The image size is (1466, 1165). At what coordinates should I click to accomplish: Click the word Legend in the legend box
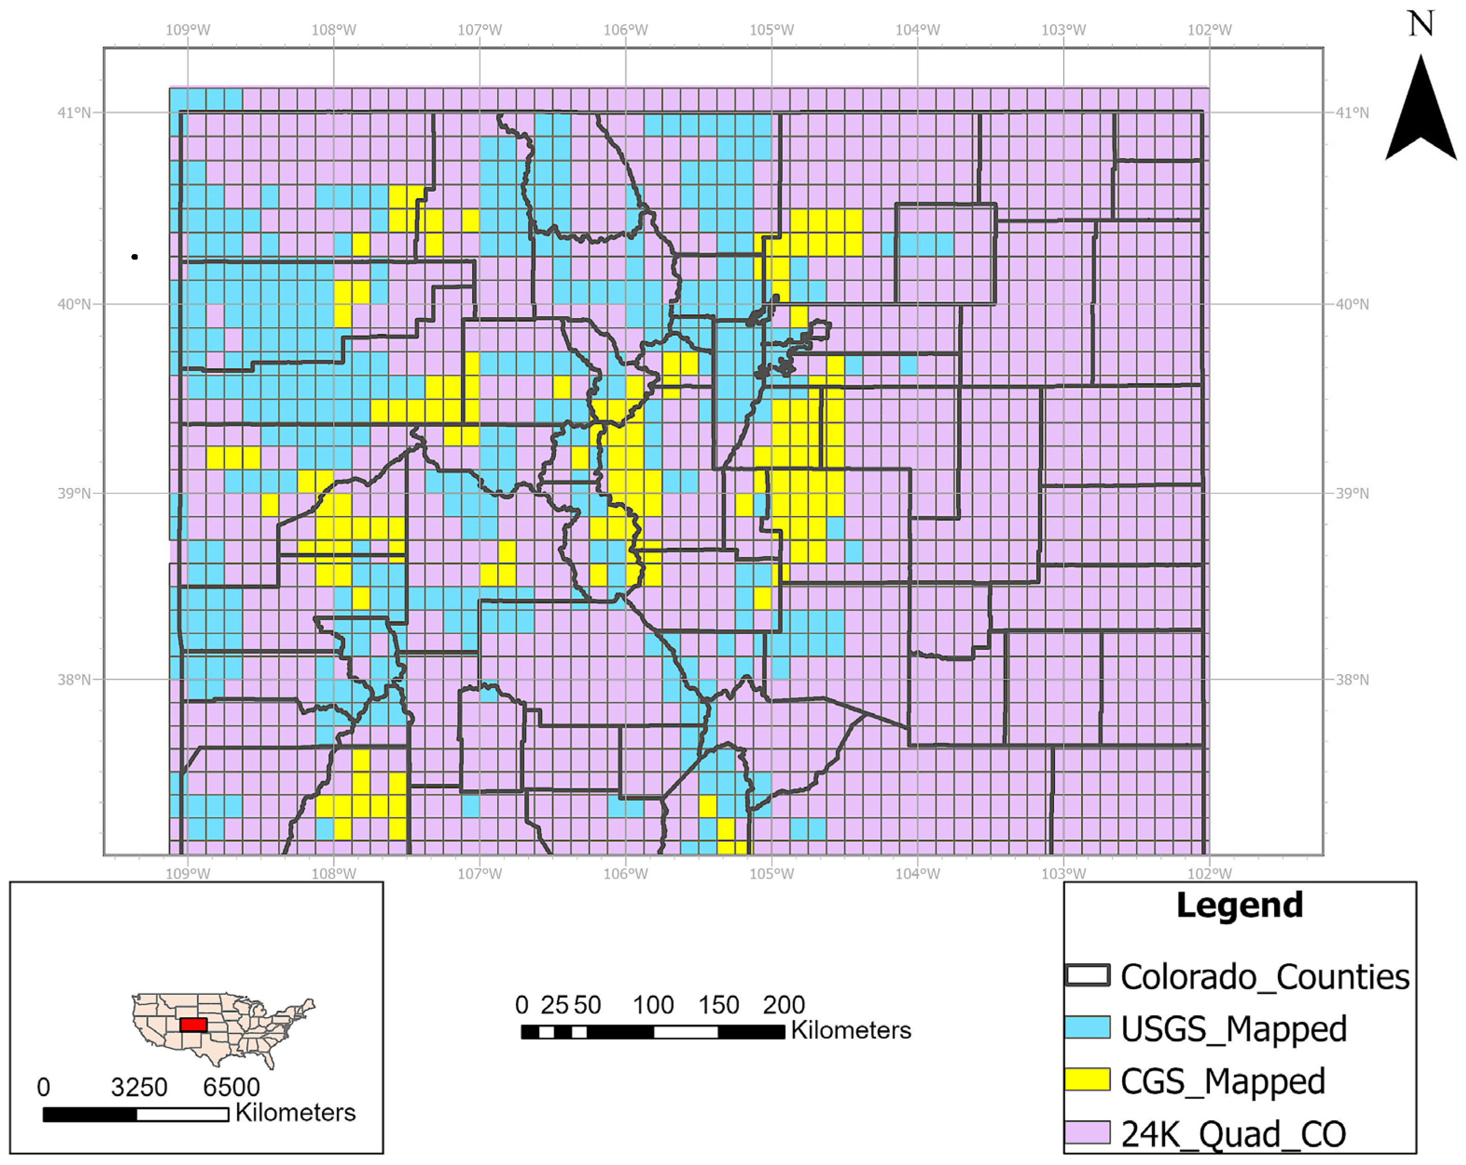tap(1239, 905)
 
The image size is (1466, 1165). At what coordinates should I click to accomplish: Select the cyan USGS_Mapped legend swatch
tap(1087, 1027)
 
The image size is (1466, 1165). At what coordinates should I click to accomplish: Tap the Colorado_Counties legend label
tap(1264, 977)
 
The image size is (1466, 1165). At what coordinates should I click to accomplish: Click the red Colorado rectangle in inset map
tap(193, 1024)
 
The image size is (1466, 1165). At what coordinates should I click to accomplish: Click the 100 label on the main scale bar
tap(653, 1005)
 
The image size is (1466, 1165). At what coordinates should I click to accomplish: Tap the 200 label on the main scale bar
tap(783, 1005)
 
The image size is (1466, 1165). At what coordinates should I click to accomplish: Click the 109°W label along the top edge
tap(188, 30)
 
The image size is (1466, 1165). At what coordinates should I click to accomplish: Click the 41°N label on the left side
tap(74, 112)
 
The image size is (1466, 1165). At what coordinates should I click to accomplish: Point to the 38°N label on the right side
tap(1352, 679)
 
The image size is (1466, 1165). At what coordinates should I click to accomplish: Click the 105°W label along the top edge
tap(772, 30)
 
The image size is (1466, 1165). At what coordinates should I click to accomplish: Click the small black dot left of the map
tap(135, 257)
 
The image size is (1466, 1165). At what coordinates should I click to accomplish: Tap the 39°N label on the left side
tap(74, 493)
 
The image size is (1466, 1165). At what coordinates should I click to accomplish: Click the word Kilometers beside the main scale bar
tap(850, 1030)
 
